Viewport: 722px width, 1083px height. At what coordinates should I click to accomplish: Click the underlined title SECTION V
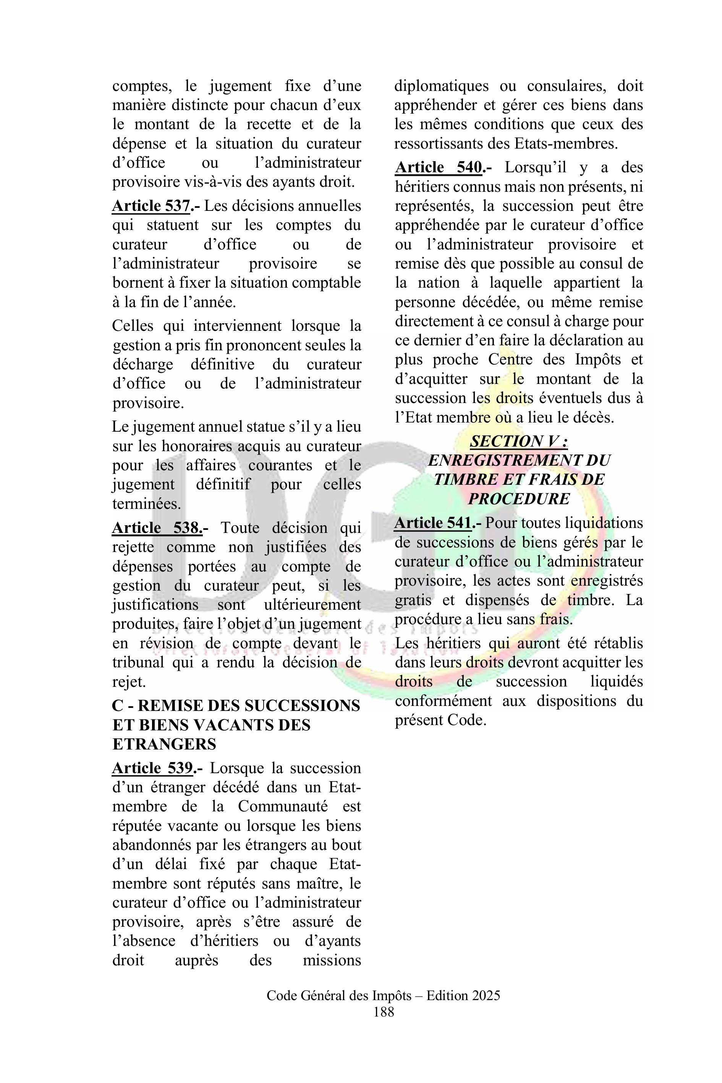pyautogui.click(x=518, y=442)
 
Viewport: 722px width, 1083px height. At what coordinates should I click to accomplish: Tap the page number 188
pyautogui.click(x=384, y=1012)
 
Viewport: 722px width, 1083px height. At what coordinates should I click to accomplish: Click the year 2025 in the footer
pyautogui.click(x=484, y=996)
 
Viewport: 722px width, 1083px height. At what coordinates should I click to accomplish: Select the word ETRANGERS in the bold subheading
pyautogui.click(x=164, y=745)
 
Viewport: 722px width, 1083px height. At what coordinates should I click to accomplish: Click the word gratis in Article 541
pyautogui.click(x=413, y=601)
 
